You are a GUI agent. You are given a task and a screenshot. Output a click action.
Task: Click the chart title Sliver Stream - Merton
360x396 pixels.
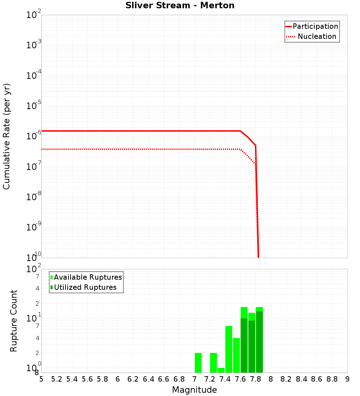point(180,5)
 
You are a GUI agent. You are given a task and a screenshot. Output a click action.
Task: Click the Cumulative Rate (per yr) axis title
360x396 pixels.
point(6,136)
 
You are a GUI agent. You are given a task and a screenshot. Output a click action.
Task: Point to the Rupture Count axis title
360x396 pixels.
point(14,321)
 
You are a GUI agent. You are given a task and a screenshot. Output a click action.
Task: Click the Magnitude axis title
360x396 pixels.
point(194,390)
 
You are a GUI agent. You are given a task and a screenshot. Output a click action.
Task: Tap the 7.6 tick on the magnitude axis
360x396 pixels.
point(240,379)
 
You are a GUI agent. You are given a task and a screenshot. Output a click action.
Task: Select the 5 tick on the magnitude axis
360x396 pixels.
point(41,379)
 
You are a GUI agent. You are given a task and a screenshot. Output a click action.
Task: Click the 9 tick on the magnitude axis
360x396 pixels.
point(347,379)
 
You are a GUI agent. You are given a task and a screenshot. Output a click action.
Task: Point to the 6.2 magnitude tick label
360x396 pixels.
point(133,379)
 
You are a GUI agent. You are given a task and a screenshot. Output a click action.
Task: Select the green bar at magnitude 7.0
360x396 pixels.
point(198,363)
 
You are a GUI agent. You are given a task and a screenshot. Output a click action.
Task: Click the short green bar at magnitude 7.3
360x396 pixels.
point(221,370)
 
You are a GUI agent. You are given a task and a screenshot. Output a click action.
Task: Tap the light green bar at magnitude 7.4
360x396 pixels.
point(229,349)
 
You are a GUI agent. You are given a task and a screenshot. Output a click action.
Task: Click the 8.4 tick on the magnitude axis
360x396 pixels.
point(301,379)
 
